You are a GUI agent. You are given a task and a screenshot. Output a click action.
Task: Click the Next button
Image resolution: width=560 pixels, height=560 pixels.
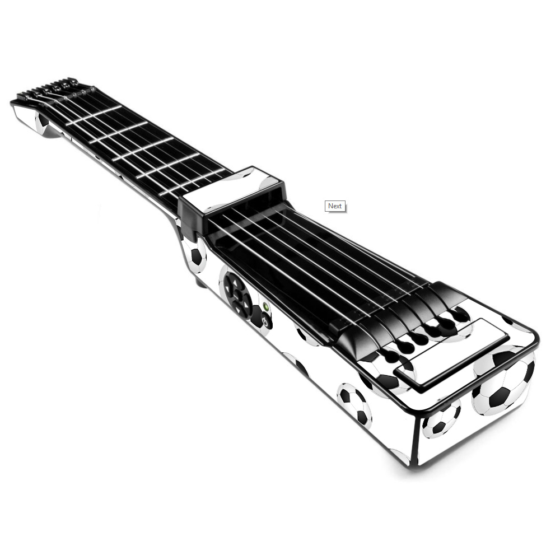click(x=335, y=206)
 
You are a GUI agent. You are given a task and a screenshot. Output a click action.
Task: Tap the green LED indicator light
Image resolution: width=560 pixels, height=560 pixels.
click(x=265, y=306)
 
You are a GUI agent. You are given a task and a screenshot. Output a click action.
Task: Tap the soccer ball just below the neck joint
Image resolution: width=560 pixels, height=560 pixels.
click(x=194, y=254)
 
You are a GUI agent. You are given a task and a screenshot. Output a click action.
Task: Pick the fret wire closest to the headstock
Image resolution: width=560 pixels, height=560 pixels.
click(x=94, y=115)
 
